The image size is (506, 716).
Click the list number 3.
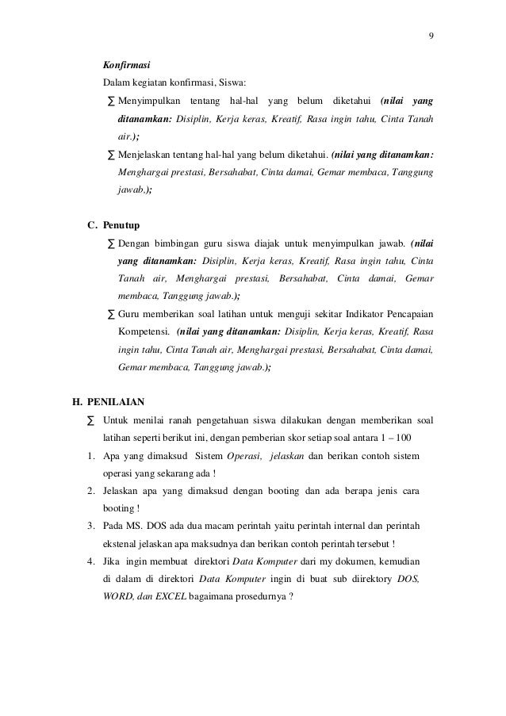click(93, 526)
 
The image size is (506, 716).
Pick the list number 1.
click(93, 455)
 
